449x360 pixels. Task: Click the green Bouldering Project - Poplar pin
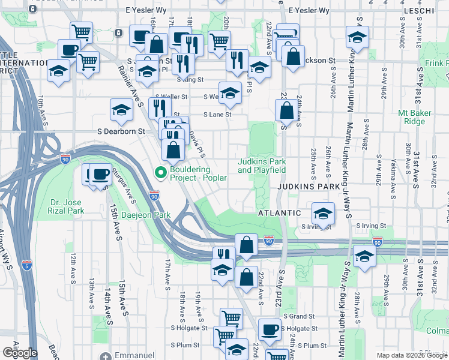pyautogui.click(x=160, y=173)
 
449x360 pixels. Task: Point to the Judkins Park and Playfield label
pyautogui.click(x=262, y=166)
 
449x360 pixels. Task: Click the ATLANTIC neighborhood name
pyautogui.click(x=279, y=213)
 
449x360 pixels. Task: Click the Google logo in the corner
pyautogui.click(x=19, y=353)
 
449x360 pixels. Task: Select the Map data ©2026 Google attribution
pyautogui.click(x=412, y=355)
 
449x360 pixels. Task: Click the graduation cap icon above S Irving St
pyautogui.click(x=324, y=214)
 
